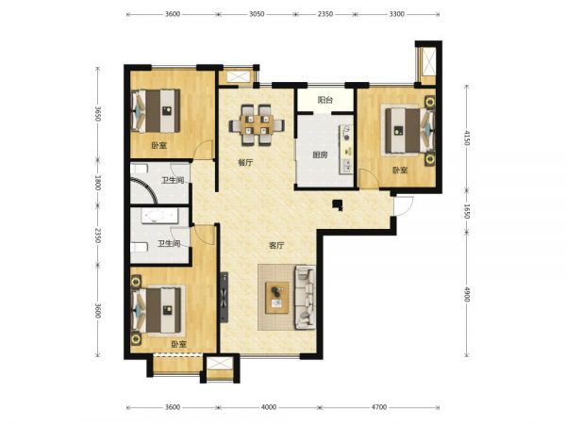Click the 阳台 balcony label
pos(325,100)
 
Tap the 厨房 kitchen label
pos(320,155)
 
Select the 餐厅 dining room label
pos(245,163)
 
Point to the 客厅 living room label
pos(276,246)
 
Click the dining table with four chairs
pos(257,125)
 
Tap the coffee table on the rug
pos(276,298)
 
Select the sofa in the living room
pos(306,298)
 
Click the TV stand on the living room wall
pos(225,297)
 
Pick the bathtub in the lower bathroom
pos(159,216)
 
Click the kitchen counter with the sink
pos(346,149)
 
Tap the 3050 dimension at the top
pos(257,14)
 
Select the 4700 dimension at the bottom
pos(378,407)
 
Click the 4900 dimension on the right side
pos(466,294)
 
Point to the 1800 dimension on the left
pos(97,183)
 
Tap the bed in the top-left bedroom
pos(156,110)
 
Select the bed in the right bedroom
pos(409,131)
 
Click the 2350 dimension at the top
pos(325,14)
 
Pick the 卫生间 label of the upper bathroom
pos(173,180)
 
